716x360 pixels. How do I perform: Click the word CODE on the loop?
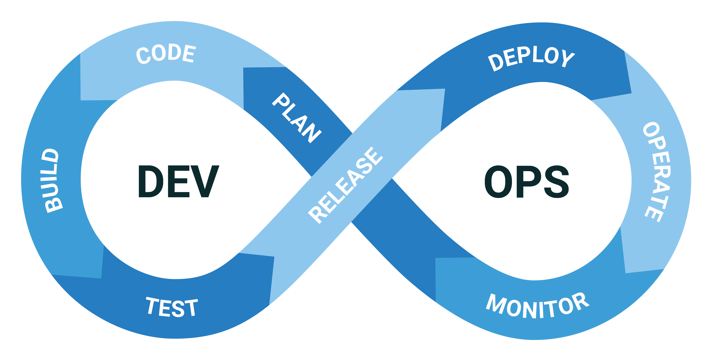pos(166,54)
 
